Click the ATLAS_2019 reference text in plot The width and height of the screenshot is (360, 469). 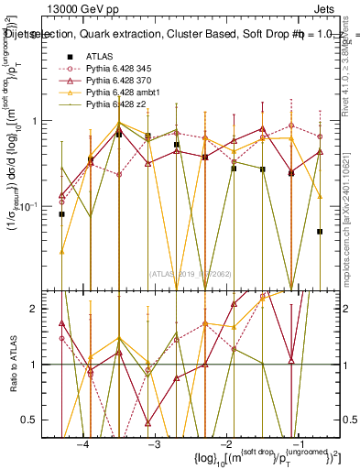[192, 272]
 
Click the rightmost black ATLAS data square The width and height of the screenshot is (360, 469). [320, 232]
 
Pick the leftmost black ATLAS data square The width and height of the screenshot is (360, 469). [61, 214]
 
